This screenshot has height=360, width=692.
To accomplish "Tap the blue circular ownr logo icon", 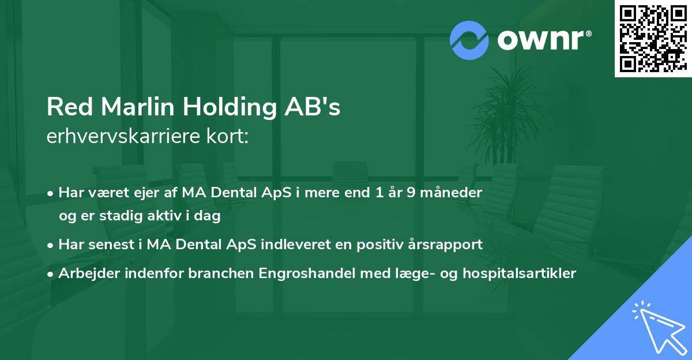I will [x=469, y=40].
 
